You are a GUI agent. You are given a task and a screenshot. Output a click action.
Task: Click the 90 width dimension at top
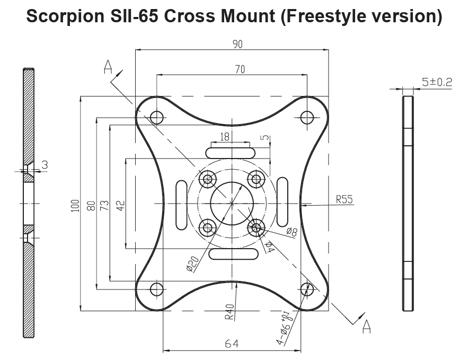tap(237, 45)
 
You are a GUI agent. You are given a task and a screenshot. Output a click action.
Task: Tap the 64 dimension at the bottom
tap(232, 344)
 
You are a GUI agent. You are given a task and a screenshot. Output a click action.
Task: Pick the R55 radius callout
tap(344, 200)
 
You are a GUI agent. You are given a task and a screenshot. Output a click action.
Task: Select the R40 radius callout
tap(229, 311)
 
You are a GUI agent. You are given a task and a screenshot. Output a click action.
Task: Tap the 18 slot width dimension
tap(225, 137)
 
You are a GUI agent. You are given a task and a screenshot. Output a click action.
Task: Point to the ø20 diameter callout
tap(192, 264)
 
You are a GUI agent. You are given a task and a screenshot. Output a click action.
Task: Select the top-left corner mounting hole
tap(156, 117)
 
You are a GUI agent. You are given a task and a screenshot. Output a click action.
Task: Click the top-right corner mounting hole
tap(307, 117)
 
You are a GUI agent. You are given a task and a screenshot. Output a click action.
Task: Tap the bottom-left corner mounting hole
tap(156, 289)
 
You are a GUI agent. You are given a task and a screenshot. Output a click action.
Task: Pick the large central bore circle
tap(232, 203)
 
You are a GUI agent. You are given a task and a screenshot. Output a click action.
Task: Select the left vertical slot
tap(181, 203)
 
